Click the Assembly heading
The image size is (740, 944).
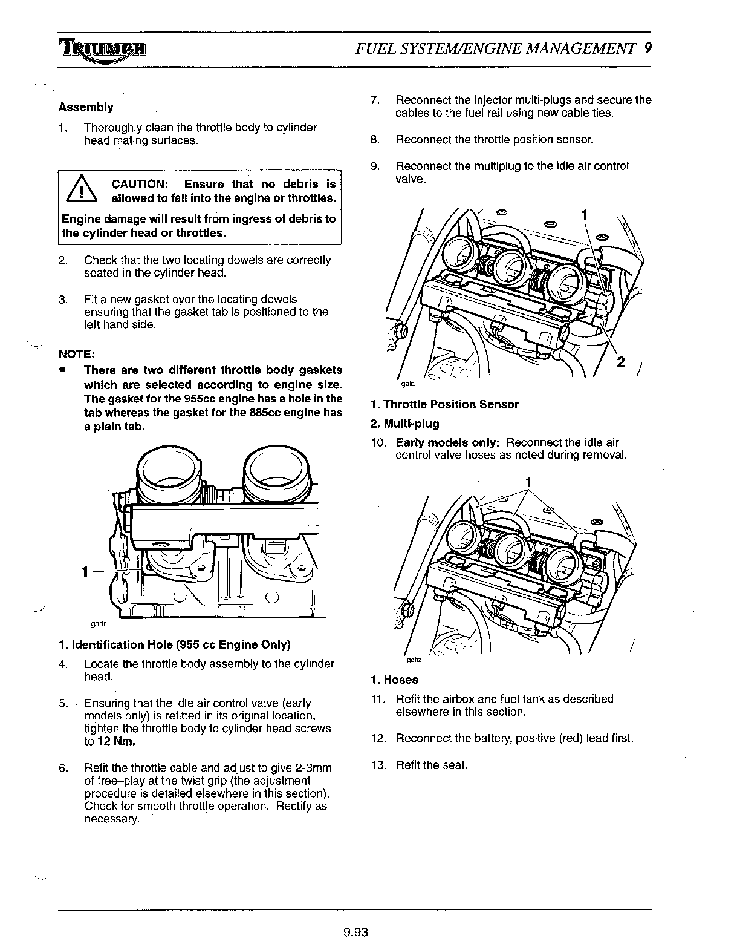click(x=86, y=107)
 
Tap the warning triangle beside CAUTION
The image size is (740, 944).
click(x=80, y=191)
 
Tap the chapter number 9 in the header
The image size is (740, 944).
click(x=647, y=48)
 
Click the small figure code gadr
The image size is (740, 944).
click(x=97, y=623)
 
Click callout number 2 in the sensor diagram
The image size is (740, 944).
click(x=620, y=362)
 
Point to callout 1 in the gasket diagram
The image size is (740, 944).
click(x=86, y=571)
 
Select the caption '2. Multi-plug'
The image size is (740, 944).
click(x=404, y=424)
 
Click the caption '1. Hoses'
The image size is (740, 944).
click(x=394, y=680)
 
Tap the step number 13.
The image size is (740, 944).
click(x=378, y=765)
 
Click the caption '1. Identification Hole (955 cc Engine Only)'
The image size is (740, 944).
click(x=175, y=644)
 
